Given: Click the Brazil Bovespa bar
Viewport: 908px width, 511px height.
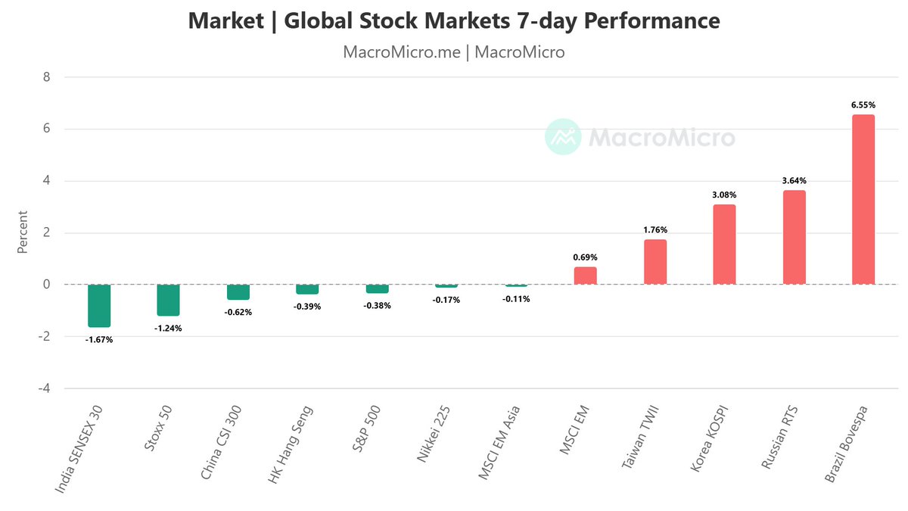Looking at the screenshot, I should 863,200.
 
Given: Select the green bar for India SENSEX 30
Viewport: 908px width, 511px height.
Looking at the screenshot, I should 99,306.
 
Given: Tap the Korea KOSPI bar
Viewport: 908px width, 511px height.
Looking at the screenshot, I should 724,245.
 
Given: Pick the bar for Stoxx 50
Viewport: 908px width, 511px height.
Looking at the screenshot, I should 169,300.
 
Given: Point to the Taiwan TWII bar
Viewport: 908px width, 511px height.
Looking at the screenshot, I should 655,262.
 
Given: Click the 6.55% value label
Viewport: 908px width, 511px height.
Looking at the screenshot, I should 863,105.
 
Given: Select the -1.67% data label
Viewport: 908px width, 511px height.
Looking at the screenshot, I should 99,340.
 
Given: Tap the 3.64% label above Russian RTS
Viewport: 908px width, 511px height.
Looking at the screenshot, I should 794,181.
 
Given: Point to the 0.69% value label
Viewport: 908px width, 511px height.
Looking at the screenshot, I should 586,257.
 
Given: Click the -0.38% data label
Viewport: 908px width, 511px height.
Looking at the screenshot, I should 378,306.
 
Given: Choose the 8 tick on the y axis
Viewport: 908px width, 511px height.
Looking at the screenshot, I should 47,77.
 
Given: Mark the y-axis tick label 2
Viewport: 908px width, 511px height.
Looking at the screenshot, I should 47,232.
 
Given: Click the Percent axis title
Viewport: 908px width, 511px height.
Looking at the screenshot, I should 23,232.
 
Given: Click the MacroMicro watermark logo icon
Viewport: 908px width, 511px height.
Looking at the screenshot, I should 563,137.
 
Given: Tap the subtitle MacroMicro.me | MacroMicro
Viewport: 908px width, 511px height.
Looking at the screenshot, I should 454,52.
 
